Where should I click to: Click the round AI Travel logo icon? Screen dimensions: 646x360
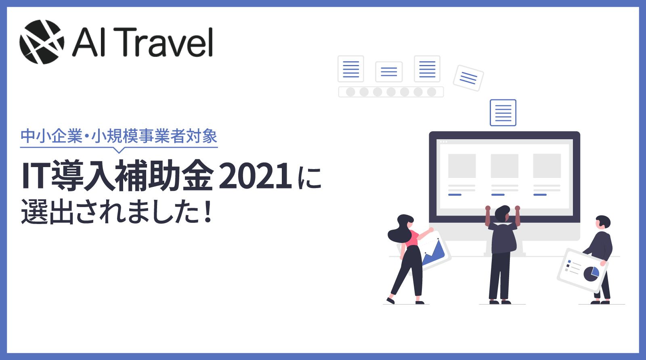pos(42,42)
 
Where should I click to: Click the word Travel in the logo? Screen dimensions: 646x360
pos(166,42)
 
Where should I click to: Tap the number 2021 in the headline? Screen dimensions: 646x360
pos(255,176)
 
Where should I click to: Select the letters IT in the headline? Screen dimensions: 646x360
pos(36,176)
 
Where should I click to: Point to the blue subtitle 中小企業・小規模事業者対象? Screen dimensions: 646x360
pos(119,136)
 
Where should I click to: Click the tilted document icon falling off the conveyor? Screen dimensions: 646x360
pos(468,78)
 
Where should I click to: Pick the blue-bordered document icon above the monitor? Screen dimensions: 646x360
pos(503,113)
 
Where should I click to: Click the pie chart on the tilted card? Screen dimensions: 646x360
pos(591,274)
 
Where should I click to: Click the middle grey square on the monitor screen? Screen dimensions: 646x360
pos(504,166)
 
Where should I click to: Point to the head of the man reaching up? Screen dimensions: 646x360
pos(502,213)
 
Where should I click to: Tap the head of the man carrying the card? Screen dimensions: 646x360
pos(603,222)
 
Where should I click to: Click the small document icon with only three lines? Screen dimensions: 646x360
pos(389,71)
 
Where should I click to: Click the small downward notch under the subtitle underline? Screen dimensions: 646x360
pos(119,150)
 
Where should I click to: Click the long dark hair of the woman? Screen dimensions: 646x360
pos(399,229)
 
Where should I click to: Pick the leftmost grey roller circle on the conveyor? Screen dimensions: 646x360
pos(350,92)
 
